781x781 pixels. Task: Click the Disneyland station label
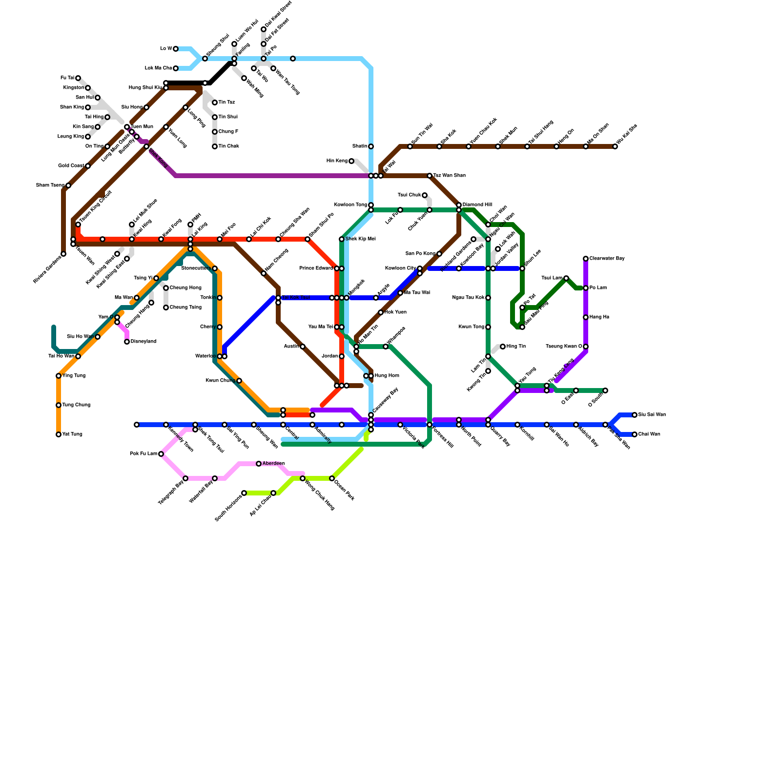143,342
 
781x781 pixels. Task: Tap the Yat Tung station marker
59,434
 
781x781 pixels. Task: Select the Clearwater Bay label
607,259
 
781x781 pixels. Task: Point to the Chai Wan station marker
635,434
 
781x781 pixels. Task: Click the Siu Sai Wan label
652,415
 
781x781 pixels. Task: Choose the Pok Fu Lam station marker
161,454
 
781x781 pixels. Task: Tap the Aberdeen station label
273,464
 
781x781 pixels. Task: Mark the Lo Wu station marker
176,49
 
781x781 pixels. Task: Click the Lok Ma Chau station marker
176,68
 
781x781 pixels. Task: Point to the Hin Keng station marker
351,161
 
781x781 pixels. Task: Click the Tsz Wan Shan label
449,176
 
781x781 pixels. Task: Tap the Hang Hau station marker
586,317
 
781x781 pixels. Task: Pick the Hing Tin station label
516,347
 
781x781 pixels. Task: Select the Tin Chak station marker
215,146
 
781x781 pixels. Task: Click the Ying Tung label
74,376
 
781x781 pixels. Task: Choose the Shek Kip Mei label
360,239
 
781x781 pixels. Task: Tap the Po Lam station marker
586,288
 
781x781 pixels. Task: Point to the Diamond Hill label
477,205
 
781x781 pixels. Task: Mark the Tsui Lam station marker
566,278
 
